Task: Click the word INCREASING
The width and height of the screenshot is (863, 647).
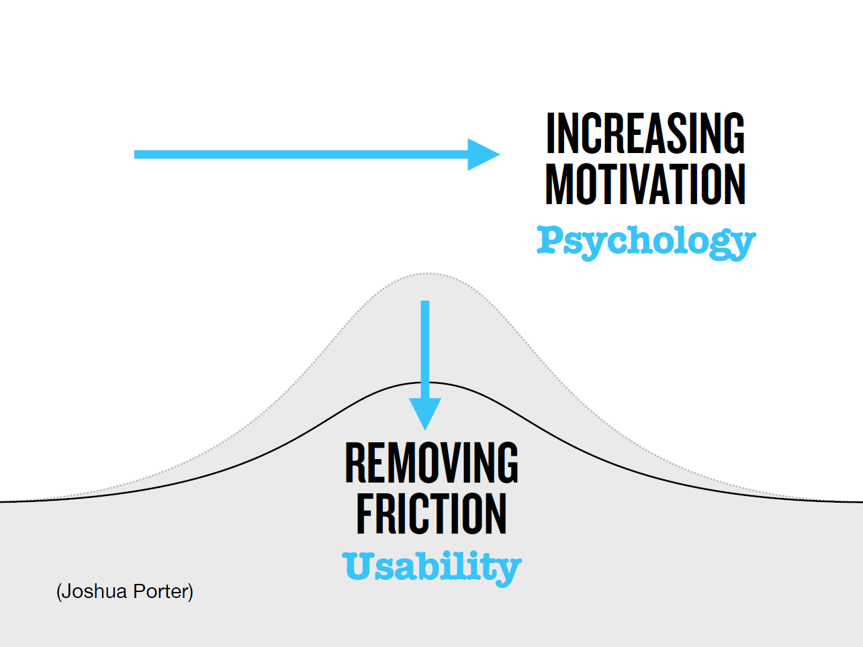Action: point(645,133)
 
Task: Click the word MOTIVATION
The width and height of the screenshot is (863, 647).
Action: point(645,185)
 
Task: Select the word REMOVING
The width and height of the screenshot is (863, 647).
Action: point(431,462)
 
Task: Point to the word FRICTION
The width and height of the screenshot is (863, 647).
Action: point(431,513)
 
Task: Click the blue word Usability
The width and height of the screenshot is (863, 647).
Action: point(432,568)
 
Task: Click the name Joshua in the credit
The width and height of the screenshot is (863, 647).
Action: point(94,591)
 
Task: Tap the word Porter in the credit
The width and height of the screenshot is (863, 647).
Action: point(161,591)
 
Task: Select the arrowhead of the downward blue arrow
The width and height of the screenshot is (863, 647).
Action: point(425,413)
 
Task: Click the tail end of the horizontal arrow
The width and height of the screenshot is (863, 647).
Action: point(135,154)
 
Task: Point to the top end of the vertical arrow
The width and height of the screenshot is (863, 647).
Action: point(425,301)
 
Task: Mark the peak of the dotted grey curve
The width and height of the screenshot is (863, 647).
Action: point(426,273)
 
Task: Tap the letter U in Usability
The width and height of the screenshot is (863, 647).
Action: point(358,566)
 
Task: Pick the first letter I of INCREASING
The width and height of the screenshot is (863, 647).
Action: point(551,133)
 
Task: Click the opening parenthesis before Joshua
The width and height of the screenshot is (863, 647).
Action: point(59,592)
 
